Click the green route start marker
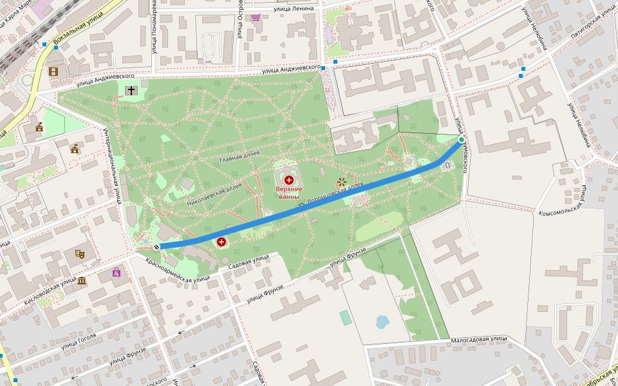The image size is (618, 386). (461, 140)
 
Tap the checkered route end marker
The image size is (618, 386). (156, 246)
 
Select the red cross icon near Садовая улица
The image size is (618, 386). (221, 242)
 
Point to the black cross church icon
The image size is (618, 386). (131, 91)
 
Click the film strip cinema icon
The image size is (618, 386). (53, 71)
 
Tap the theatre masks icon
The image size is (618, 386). (81, 253)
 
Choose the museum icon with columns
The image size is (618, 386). (82, 280)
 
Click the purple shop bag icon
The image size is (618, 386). (116, 272)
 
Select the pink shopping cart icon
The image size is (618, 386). (256, 17)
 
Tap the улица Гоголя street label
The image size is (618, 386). (79, 341)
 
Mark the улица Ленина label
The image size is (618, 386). (293, 8)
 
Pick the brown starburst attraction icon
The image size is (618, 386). (341, 183)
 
